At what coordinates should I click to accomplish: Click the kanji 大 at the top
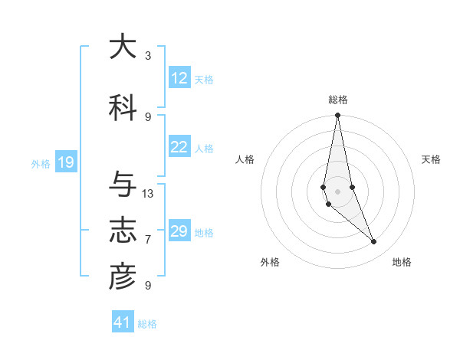tap(123, 47)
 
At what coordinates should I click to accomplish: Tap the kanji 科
tap(123, 109)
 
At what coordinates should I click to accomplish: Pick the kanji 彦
tap(123, 277)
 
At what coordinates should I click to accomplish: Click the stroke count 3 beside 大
tap(148, 56)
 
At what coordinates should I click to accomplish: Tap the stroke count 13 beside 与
tap(148, 194)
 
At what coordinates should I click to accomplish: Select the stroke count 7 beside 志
tap(148, 240)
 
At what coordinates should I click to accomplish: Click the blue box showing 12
tap(179, 78)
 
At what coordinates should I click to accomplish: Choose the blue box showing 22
tap(179, 147)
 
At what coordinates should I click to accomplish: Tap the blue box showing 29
tap(179, 231)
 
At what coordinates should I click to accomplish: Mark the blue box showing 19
tap(65, 162)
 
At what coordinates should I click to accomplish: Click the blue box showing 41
tap(123, 322)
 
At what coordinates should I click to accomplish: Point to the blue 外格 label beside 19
tap(41, 163)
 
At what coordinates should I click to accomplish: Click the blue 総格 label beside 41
tap(147, 324)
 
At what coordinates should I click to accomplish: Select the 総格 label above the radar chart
tap(338, 100)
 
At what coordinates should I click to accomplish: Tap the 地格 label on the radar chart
tap(402, 262)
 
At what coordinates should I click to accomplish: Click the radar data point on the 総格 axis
tap(337, 116)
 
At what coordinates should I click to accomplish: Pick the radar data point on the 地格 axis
tap(374, 242)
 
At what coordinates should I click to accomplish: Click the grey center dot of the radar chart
tap(337, 191)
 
